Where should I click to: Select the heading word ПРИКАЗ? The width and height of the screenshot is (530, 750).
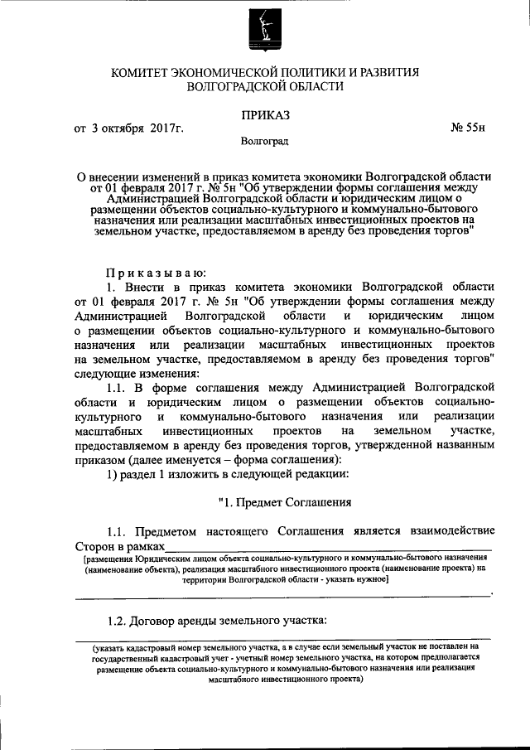265,113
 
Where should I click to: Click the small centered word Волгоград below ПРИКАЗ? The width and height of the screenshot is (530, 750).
264,143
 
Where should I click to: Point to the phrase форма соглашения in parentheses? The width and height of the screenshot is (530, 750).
297,461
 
